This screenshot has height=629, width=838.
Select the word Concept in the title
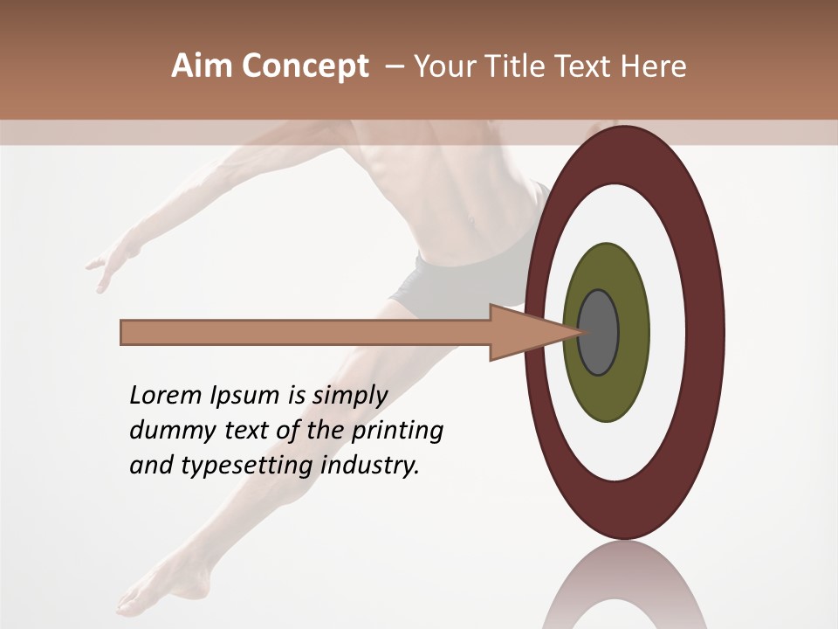point(305,66)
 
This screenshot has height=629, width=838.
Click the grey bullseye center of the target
point(598,332)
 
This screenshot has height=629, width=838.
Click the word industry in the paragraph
point(370,467)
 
